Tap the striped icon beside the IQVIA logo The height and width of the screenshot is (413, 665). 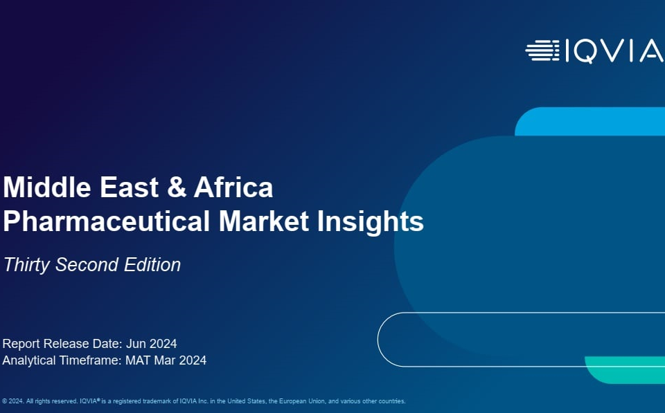pyautogui.click(x=542, y=51)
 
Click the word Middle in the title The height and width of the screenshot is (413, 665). pyautogui.click(x=47, y=187)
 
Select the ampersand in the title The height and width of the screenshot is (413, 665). pyautogui.click(x=177, y=187)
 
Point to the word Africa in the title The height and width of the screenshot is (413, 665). pyautogui.click(x=233, y=187)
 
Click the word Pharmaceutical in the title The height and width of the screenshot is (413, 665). pyautogui.click(x=107, y=221)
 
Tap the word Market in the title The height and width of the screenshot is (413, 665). pyautogui.click(x=264, y=221)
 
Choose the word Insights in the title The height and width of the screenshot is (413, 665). pyautogui.click(x=371, y=222)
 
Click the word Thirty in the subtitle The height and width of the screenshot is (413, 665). pyautogui.click(x=27, y=265)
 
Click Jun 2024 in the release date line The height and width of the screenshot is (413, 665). pyautogui.click(x=152, y=344)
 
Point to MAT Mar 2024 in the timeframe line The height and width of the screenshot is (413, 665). pyautogui.click(x=166, y=360)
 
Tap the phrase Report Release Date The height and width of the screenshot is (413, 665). pyautogui.click(x=62, y=344)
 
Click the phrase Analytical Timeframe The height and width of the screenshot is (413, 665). pyautogui.click(x=62, y=360)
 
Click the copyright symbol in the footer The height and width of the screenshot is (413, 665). pyautogui.click(x=5, y=401)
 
